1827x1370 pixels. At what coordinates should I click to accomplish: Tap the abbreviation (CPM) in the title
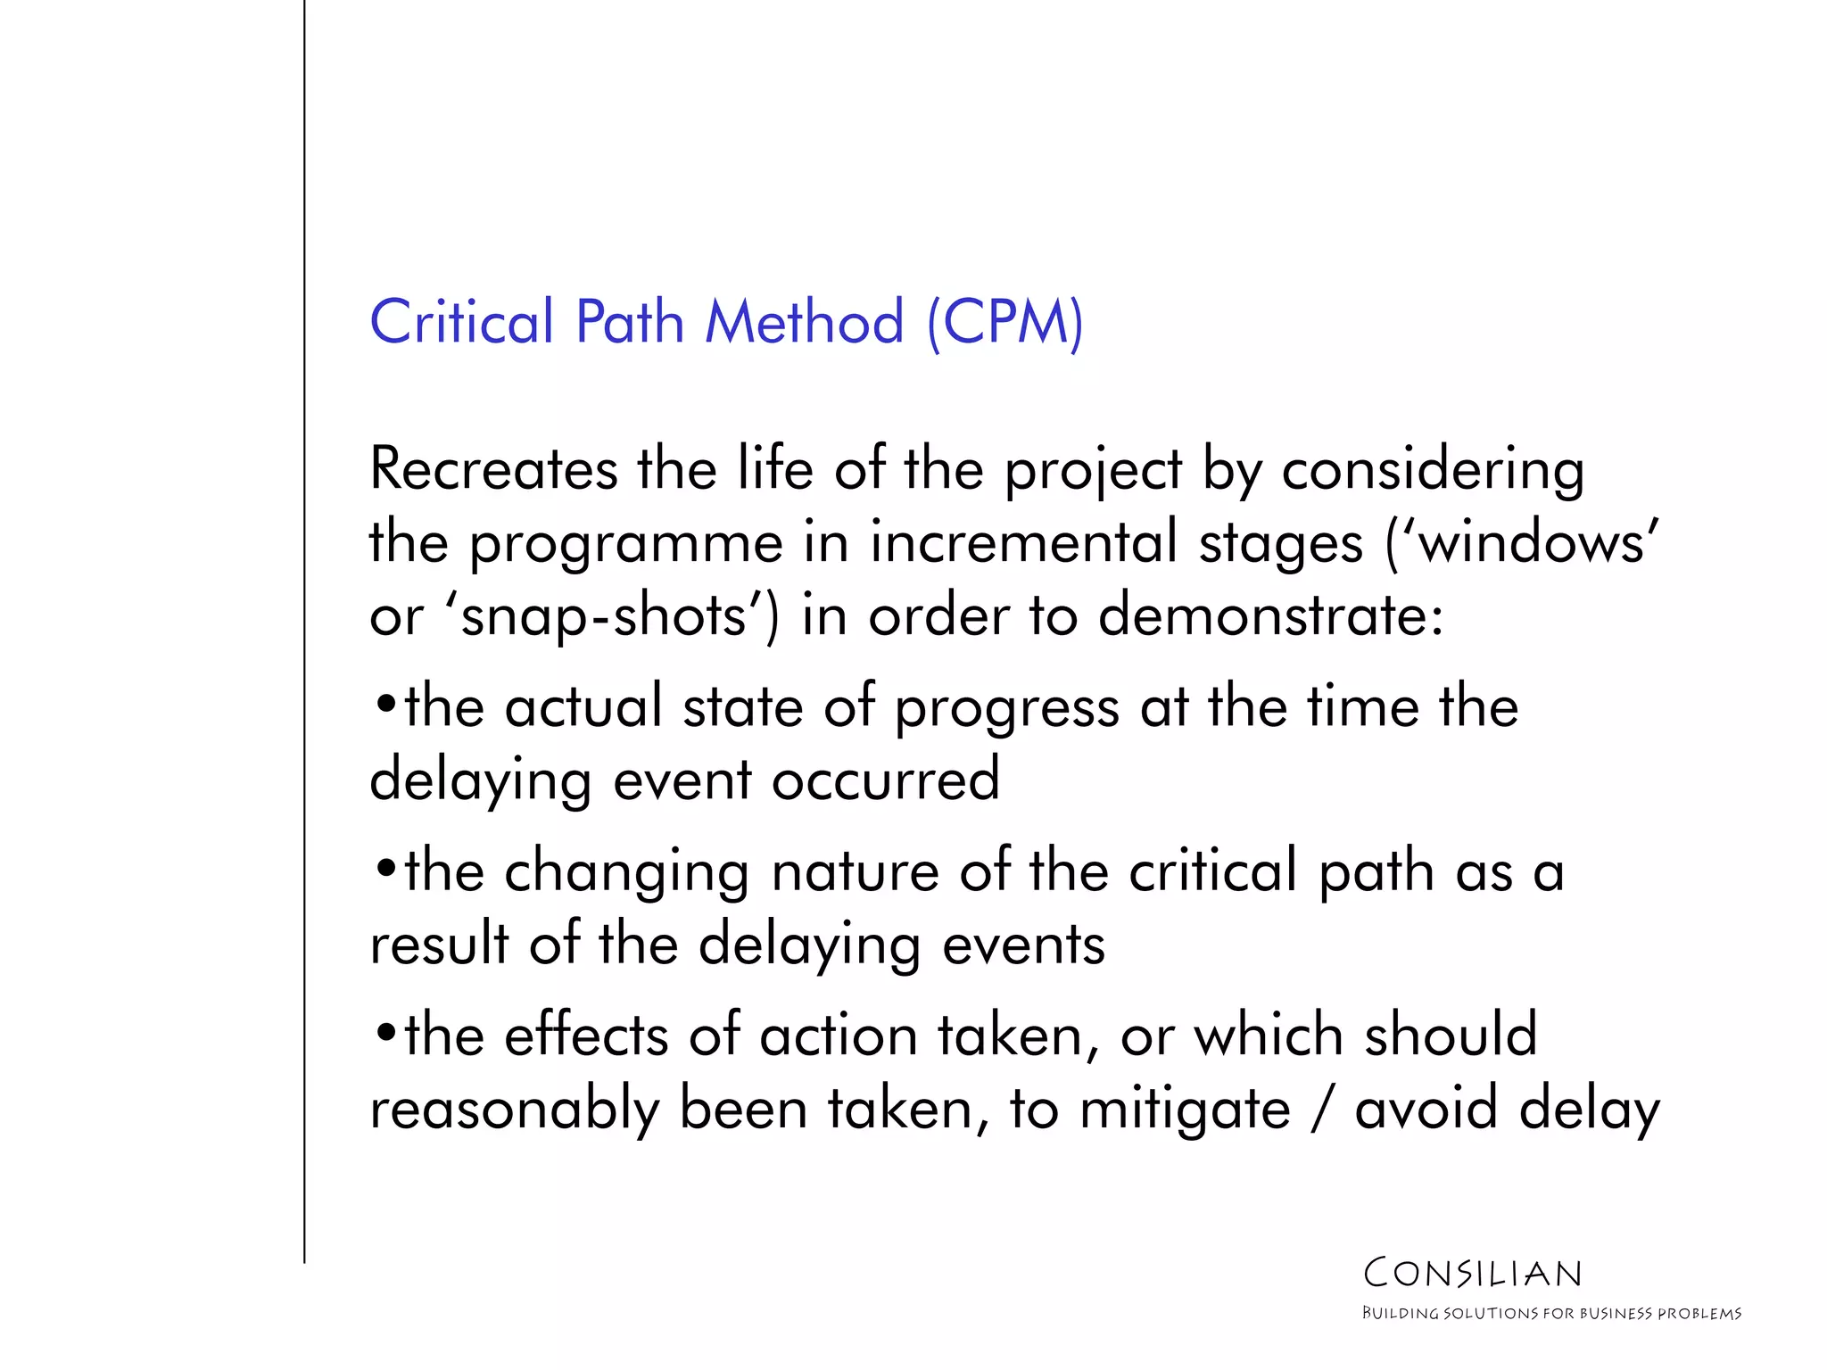point(1005,323)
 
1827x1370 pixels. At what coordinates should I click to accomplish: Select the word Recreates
point(493,469)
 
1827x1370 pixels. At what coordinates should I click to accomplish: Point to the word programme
point(626,544)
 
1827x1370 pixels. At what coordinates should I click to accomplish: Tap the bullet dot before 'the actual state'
point(384,704)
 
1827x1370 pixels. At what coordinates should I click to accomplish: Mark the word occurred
point(885,780)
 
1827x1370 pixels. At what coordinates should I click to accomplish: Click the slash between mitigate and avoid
point(1322,1110)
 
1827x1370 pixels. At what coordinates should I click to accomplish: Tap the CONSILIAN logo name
point(1473,1274)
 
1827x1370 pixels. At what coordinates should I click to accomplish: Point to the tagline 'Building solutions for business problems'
point(1551,1314)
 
